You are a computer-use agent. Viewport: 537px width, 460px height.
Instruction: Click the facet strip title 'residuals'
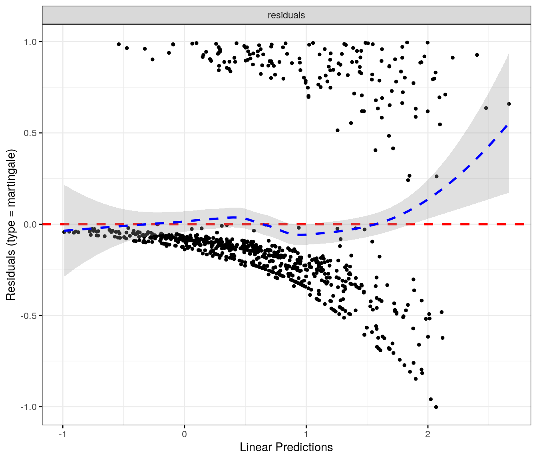286,16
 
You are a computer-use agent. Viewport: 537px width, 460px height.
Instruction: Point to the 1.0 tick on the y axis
31,42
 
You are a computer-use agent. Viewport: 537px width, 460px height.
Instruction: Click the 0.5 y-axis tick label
31,133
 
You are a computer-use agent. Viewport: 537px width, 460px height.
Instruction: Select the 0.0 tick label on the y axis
31,224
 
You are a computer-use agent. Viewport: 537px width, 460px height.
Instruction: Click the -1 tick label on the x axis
62,434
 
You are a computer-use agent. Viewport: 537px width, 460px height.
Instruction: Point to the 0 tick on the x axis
184,434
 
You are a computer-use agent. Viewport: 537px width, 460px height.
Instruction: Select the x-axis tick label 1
306,434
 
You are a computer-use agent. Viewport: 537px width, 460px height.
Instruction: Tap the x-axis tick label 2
428,434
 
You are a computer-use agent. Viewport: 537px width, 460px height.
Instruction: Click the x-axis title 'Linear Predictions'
286,447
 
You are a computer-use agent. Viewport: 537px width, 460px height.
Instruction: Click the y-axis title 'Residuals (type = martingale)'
11,225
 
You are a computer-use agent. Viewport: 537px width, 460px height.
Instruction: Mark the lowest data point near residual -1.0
436,407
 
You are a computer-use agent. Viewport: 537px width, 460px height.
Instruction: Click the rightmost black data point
509,104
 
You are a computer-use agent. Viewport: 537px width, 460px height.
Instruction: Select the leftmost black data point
64,232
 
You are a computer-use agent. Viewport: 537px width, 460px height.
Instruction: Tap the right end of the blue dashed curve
507,125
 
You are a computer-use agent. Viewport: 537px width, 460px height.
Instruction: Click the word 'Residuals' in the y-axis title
11,276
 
